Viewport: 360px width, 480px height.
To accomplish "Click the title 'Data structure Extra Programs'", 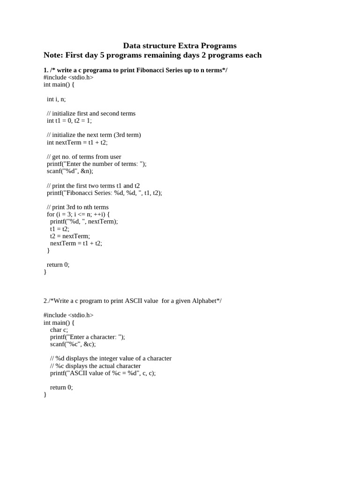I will [180, 45].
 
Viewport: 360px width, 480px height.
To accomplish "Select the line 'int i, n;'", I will [56, 99].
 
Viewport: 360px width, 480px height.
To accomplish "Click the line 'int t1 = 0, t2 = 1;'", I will [69, 120].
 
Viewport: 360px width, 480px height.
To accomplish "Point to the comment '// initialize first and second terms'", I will [91, 113].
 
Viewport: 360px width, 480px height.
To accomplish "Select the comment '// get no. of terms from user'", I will [84, 157].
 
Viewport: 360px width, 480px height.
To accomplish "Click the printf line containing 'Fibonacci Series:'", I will [104, 193].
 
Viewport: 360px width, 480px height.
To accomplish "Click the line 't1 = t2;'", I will [60, 229].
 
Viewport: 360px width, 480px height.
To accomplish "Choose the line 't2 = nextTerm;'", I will [70, 236].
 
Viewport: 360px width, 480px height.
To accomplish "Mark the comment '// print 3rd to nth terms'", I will [78, 207].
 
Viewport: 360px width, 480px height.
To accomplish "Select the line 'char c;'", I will [59, 330].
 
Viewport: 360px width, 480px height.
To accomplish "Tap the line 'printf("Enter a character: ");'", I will [88, 337].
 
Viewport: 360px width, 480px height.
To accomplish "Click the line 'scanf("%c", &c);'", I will [73, 344].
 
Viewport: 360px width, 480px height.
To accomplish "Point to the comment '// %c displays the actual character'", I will [95, 366].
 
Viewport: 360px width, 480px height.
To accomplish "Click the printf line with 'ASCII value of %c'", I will [103, 373].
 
